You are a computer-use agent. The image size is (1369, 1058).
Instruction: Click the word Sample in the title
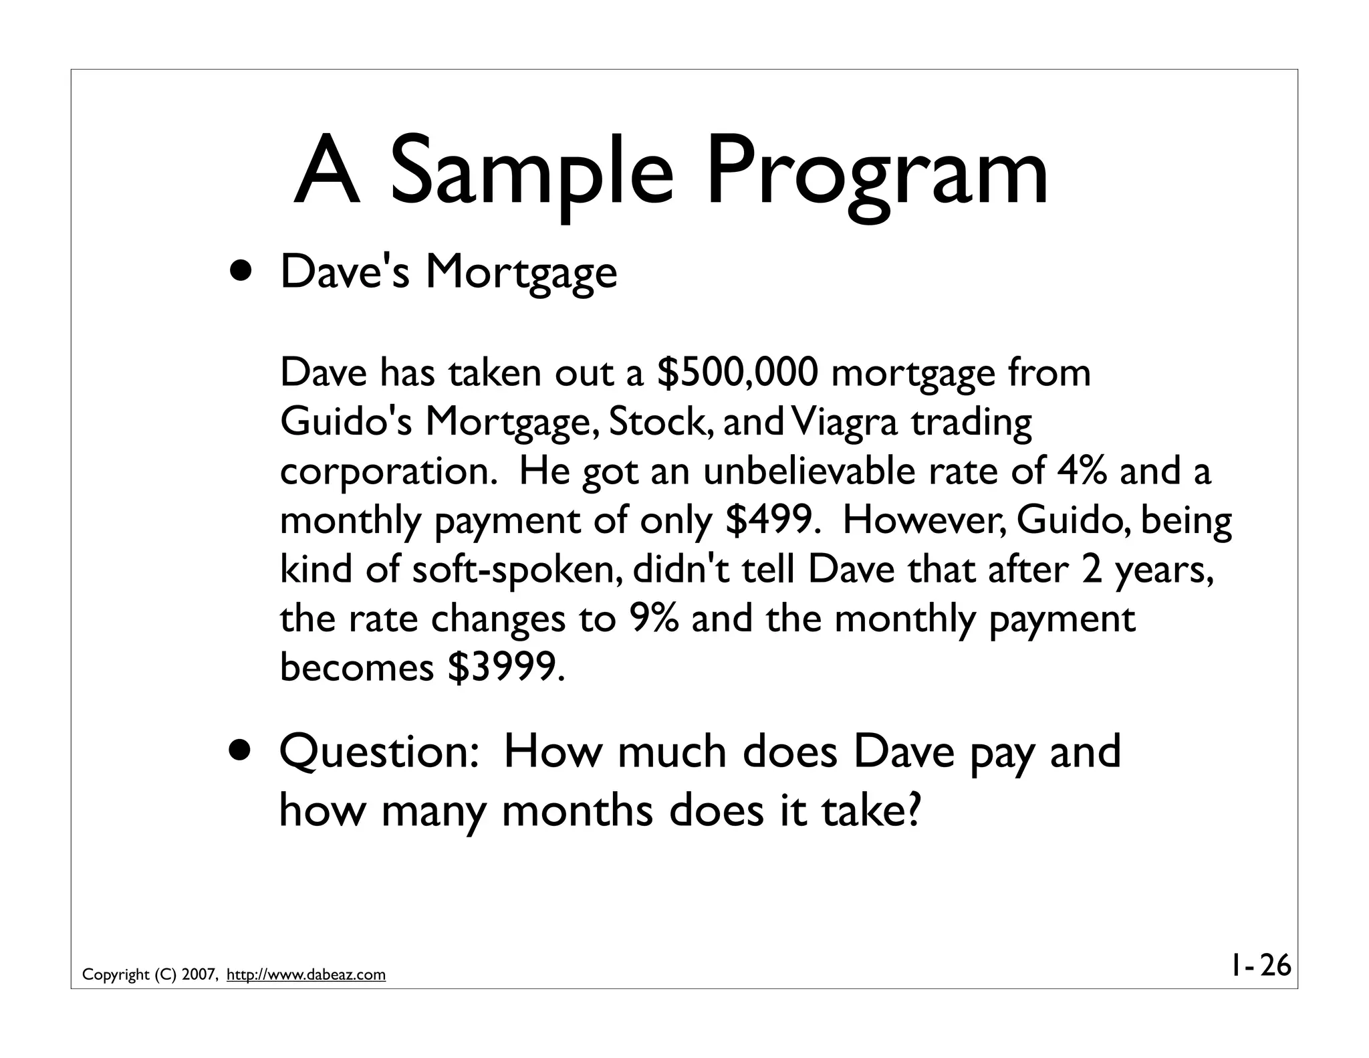click(x=531, y=172)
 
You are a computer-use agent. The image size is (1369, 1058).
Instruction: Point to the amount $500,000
click(x=737, y=373)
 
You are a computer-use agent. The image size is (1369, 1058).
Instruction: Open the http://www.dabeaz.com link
click(x=306, y=974)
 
